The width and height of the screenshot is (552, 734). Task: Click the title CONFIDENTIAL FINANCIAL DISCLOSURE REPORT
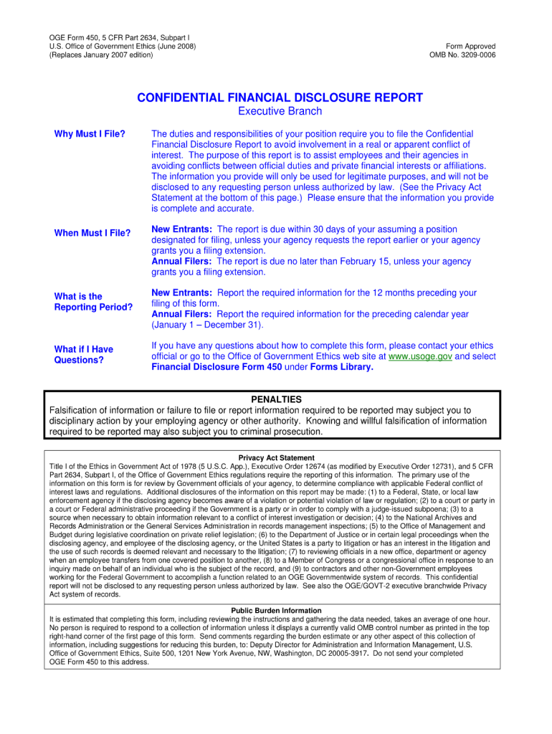[x=280, y=97]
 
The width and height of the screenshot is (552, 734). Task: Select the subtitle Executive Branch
[x=280, y=112]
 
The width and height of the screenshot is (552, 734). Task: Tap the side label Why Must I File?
[x=90, y=134]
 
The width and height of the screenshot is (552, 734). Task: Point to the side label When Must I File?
[x=92, y=233]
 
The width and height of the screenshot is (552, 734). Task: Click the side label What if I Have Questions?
[x=84, y=355]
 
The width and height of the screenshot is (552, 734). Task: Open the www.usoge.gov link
[x=420, y=356]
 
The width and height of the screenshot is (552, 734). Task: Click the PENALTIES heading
[x=276, y=399]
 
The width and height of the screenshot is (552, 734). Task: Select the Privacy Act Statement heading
[x=276, y=458]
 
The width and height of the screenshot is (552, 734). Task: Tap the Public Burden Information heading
[x=276, y=611]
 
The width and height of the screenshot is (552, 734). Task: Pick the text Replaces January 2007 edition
[x=100, y=55]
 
